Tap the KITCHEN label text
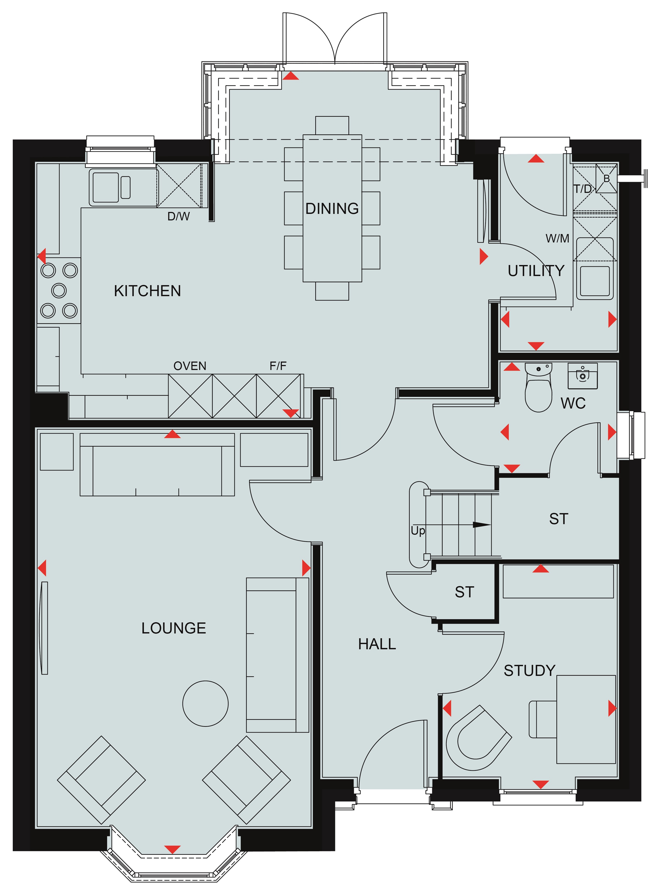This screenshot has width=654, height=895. (147, 291)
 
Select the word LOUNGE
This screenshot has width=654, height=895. (174, 628)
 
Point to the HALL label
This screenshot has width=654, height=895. (377, 644)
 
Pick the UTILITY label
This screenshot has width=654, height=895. (536, 271)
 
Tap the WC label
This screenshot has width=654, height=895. (573, 403)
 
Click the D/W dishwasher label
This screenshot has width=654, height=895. (179, 216)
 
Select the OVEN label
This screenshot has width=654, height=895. (190, 366)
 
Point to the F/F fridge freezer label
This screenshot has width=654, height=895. (278, 366)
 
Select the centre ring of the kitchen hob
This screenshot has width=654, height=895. (59, 291)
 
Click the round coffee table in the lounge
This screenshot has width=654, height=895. (206, 703)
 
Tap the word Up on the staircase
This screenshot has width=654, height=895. (418, 531)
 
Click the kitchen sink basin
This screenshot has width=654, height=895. (105, 187)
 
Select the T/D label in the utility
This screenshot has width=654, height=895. (583, 189)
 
